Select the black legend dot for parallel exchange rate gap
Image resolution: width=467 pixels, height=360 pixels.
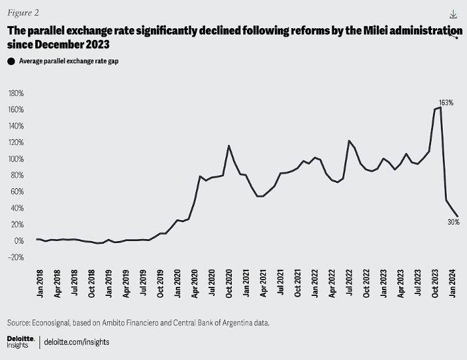pos(10,61)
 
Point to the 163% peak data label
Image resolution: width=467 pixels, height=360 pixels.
pos(446,103)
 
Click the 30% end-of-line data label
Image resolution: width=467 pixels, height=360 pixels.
pos(453,222)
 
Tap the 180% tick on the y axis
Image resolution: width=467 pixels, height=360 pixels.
pos(15,93)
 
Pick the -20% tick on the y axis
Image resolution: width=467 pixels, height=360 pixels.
pos(15,257)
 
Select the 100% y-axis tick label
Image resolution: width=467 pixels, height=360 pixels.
pos(15,159)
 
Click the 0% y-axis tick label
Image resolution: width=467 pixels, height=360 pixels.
pos(18,241)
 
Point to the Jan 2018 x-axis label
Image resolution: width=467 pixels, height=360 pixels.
pos(39,283)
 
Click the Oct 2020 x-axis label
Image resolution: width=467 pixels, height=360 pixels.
pos(229,283)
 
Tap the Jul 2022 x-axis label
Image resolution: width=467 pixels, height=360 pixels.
pos(350,283)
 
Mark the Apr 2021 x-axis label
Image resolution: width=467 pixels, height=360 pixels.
pos(263,283)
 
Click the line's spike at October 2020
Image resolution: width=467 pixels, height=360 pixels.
pos(229,146)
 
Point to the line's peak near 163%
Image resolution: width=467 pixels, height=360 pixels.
pos(440,108)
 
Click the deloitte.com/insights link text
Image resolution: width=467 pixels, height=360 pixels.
pos(78,342)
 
